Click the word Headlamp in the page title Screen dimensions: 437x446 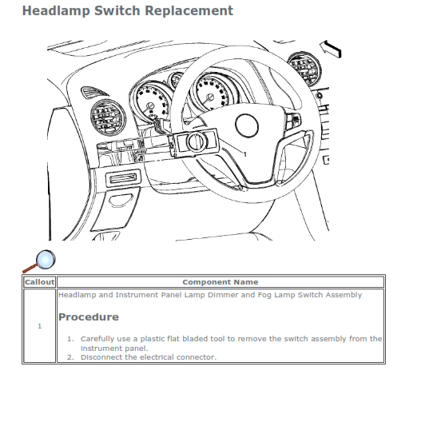56,11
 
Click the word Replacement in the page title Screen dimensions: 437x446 189,11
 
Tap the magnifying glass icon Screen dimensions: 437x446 39,261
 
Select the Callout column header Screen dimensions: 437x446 39,282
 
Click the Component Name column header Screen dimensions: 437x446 220,282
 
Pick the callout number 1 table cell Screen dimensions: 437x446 39,326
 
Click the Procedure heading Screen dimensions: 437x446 89,317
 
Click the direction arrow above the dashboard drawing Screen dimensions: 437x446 331,49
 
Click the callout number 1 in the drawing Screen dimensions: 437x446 245,154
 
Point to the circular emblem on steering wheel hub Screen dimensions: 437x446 247,125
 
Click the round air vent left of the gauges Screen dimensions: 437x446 108,117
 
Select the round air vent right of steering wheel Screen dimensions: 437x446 304,69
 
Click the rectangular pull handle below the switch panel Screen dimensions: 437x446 123,178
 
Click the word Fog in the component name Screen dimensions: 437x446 264,295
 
